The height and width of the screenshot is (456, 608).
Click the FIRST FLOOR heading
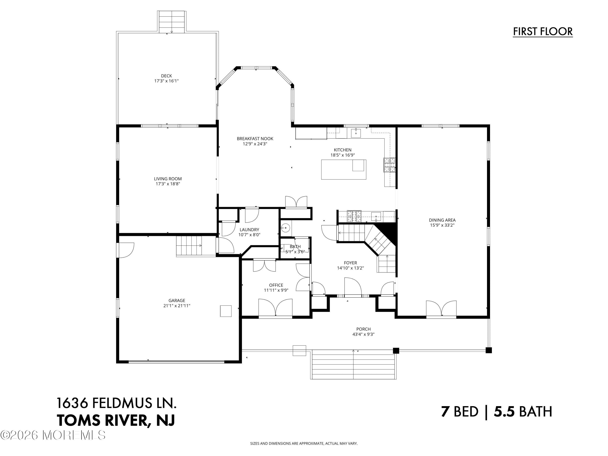point(543,32)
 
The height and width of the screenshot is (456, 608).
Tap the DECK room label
point(166,76)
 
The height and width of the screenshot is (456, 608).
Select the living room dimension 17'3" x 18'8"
point(168,184)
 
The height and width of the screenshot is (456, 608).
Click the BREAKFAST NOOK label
point(255,139)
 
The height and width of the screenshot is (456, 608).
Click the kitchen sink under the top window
point(356,133)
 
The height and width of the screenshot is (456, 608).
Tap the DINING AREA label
point(442,220)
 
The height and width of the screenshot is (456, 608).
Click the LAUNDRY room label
point(249,229)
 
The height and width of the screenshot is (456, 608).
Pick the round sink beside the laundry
point(286,228)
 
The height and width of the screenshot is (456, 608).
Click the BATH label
point(295,247)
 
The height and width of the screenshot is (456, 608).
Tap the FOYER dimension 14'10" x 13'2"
point(350,268)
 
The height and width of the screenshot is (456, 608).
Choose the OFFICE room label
point(276,285)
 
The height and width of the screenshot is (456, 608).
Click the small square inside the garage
point(226,311)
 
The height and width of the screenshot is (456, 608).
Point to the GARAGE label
point(177,300)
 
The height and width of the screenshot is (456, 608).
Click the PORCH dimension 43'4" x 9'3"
point(363,334)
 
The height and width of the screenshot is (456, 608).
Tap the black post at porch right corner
point(488,350)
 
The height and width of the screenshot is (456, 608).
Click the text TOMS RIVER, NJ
point(116,420)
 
